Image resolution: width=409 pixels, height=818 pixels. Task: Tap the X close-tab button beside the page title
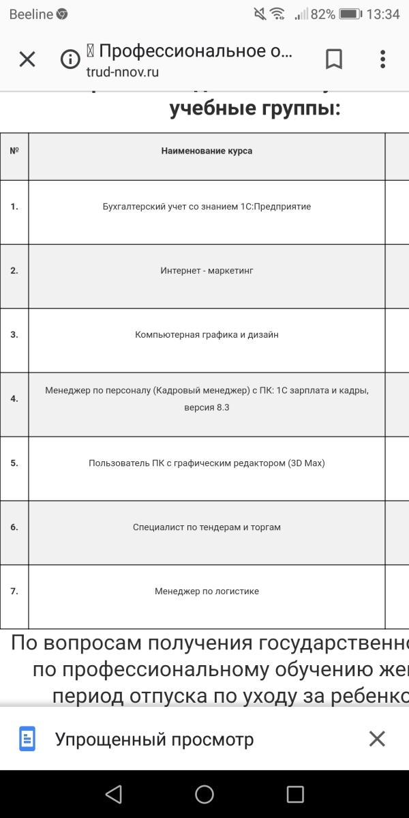coord(27,59)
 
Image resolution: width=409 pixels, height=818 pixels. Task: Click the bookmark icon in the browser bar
coord(333,59)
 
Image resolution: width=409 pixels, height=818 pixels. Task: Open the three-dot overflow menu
coord(383,59)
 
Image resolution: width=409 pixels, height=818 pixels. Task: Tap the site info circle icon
coord(70,59)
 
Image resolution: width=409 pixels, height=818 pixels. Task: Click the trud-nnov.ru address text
coord(123,72)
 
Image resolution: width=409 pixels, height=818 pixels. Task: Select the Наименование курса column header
coord(207,151)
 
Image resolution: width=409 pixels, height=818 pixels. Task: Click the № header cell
coord(14,151)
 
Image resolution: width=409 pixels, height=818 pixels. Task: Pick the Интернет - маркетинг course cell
coord(207,271)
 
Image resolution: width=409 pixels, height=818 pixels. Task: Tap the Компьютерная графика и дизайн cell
coord(207,335)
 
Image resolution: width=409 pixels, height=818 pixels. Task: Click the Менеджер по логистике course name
coord(207,591)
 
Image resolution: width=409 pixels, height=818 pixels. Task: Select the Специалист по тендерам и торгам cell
coord(207,527)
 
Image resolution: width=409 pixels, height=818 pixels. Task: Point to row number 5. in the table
coord(14,463)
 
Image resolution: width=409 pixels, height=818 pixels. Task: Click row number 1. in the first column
coord(14,207)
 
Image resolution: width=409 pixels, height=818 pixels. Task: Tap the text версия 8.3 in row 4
coord(207,407)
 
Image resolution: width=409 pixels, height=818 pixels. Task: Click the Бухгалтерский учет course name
coord(207,207)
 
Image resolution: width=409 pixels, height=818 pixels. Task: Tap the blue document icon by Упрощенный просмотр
coord(27,739)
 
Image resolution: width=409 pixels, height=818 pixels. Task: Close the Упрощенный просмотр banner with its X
coord(377,739)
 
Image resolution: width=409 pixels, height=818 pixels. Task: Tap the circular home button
coord(204,794)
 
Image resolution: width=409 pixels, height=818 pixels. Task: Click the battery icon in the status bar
coord(350,14)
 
